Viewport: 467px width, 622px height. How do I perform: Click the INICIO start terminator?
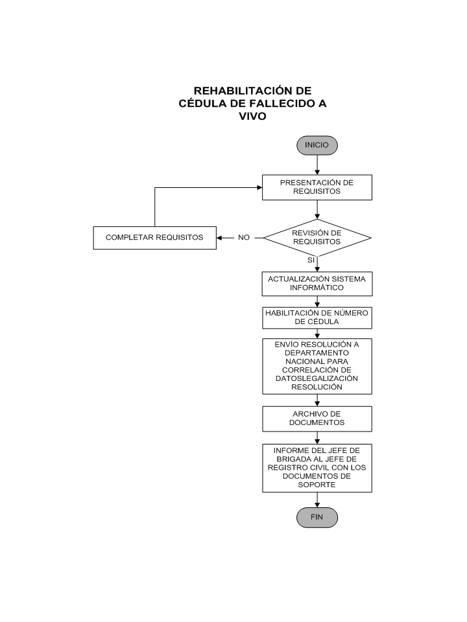pos(317,145)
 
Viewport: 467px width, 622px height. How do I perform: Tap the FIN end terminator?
pos(317,517)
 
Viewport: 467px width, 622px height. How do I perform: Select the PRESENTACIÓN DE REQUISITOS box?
pos(317,187)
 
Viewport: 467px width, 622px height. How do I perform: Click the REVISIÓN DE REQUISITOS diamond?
pos(317,238)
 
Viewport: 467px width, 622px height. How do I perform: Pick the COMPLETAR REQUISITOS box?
pos(155,238)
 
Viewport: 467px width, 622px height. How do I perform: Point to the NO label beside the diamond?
pos(244,238)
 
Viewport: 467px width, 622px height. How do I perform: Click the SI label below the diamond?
pos(311,260)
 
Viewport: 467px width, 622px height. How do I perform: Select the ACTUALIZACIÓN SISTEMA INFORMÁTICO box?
pos(317,284)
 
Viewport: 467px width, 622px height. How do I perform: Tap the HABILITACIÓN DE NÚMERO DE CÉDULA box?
pos(317,317)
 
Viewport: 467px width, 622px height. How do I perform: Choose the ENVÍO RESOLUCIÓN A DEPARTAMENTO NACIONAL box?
pos(317,366)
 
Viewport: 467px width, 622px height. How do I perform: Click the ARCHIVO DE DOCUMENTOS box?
pos(317,419)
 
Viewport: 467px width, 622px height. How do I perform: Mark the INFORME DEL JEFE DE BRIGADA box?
pos(317,468)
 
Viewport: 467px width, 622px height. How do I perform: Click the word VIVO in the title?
pos(252,116)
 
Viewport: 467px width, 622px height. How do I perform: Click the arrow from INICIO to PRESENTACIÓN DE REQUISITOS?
pos(317,165)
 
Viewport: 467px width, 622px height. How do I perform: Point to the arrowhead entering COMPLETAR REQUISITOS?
pos(219,238)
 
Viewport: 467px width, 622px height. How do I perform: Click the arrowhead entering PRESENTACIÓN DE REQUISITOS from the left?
pos(259,187)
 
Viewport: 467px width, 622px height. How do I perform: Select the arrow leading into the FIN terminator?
pos(317,500)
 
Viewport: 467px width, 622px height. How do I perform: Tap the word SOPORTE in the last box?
pos(317,485)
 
